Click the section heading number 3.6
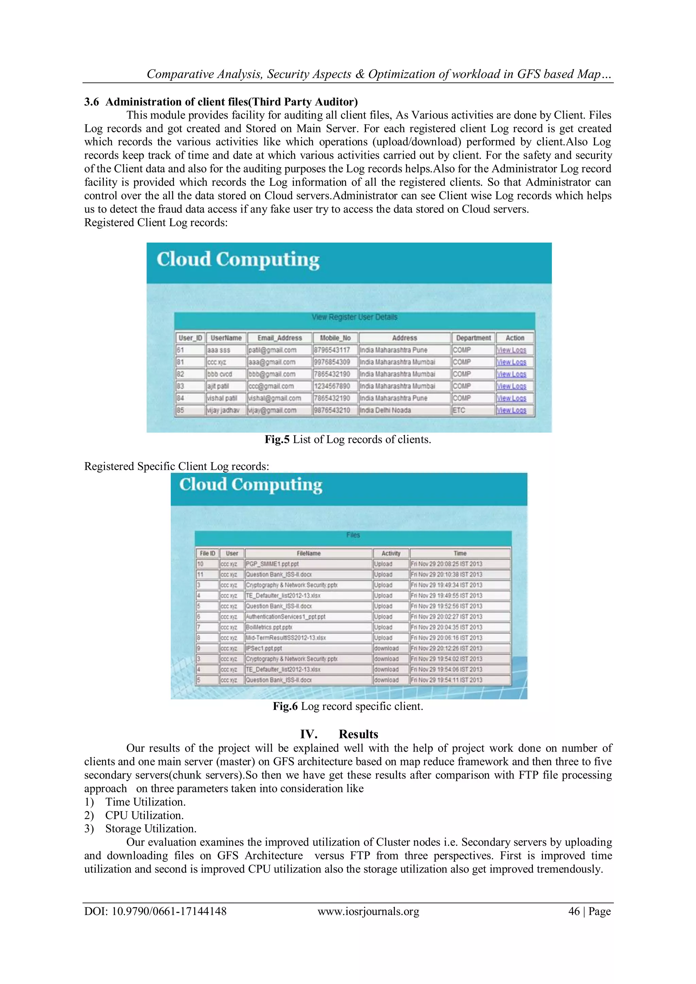coord(91,102)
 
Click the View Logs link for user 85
coord(511,410)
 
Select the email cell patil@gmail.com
coord(272,350)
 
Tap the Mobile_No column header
coord(335,338)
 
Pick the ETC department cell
coord(459,410)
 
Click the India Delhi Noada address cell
coord(385,410)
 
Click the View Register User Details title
coord(354,317)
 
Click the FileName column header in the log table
coord(308,553)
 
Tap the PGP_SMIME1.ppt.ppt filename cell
coord(272,564)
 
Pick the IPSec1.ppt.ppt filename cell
coord(264,648)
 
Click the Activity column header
coord(391,553)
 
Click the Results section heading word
coord(358,734)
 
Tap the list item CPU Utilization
coord(144,816)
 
